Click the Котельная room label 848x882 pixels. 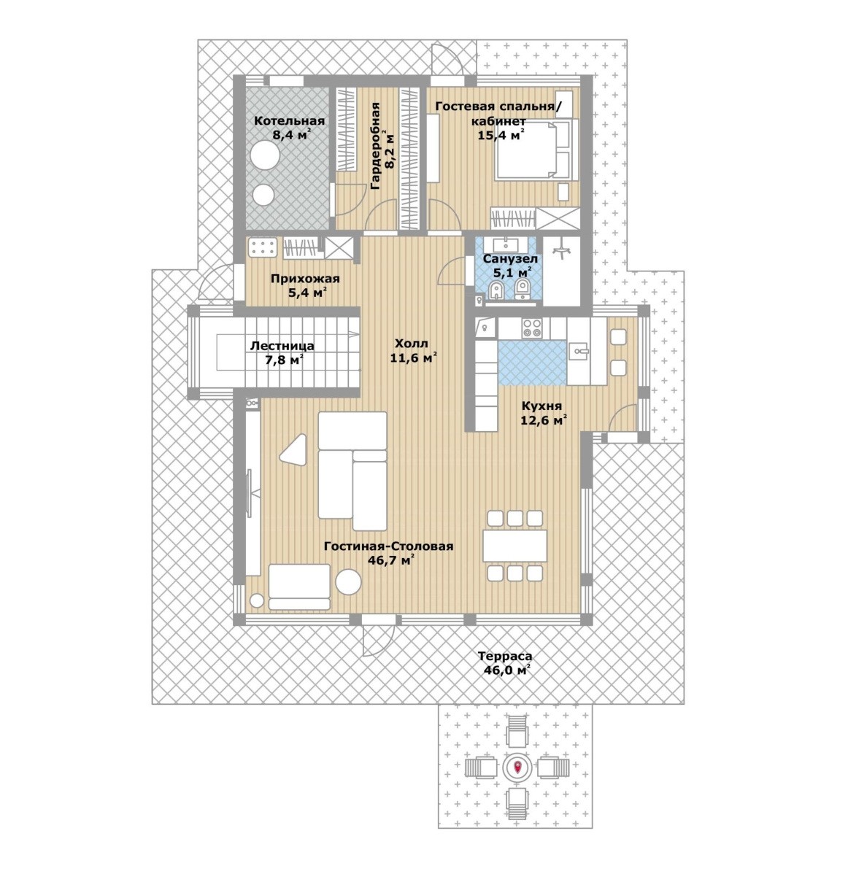pyautogui.click(x=289, y=121)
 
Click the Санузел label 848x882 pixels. pyautogui.click(x=510, y=259)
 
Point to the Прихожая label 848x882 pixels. pyautogui.click(x=305, y=278)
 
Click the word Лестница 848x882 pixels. pyautogui.click(x=282, y=346)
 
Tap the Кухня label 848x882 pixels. pyautogui.click(x=541, y=406)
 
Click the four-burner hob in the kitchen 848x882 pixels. pyautogui.click(x=532, y=328)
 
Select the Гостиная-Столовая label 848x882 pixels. pyautogui.click(x=389, y=546)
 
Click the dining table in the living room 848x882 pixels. pyautogui.click(x=514, y=546)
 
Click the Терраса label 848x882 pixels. pyautogui.click(x=505, y=656)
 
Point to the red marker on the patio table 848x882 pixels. pyautogui.click(x=517, y=767)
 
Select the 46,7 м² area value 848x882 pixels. pyautogui.click(x=393, y=560)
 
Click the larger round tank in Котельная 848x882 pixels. pyautogui.click(x=266, y=155)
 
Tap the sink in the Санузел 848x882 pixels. pyautogui.click(x=506, y=244)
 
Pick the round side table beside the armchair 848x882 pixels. pyautogui.click(x=348, y=582)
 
